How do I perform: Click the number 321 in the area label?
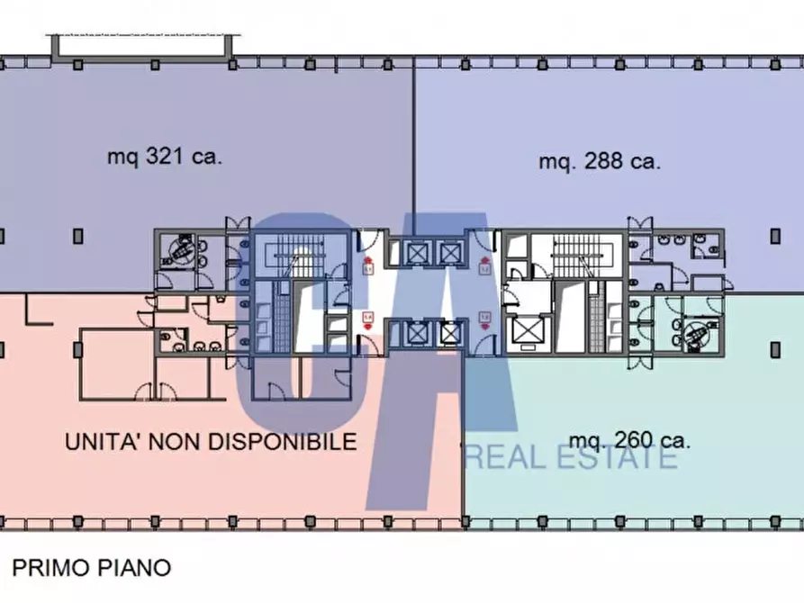click(x=165, y=157)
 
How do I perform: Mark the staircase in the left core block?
click(x=298, y=254)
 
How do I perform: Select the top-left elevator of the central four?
click(x=417, y=252)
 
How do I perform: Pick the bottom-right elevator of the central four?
click(x=447, y=334)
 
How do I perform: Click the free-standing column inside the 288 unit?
click(x=775, y=236)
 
